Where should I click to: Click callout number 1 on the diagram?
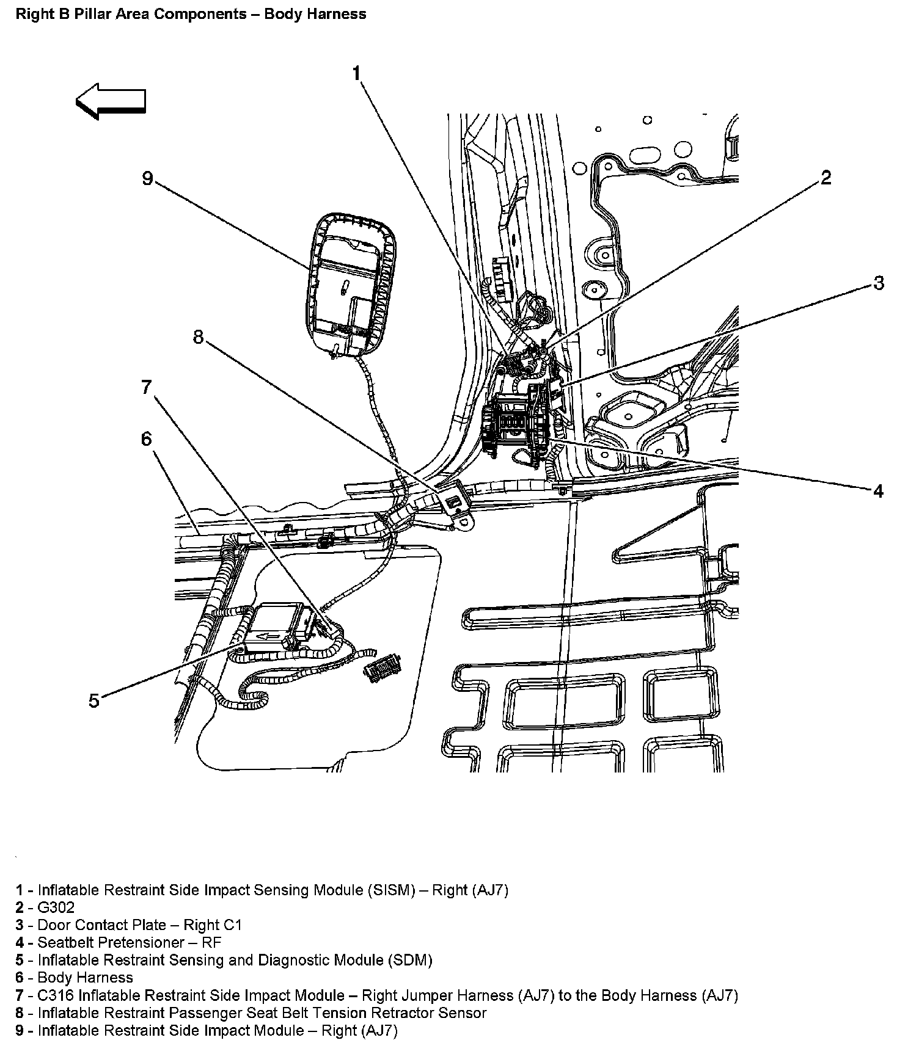click(357, 73)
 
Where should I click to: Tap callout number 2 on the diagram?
click(826, 178)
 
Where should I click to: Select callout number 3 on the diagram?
click(878, 283)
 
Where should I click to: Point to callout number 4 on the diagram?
click(878, 490)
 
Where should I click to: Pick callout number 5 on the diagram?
click(93, 700)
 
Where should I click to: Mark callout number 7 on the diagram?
click(146, 387)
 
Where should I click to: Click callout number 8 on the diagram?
click(198, 336)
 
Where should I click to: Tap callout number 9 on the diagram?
click(147, 178)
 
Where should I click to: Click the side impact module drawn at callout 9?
click(348, 281)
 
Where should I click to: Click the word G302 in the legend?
click(56, 907)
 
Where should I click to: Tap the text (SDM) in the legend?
click(410, 960)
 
